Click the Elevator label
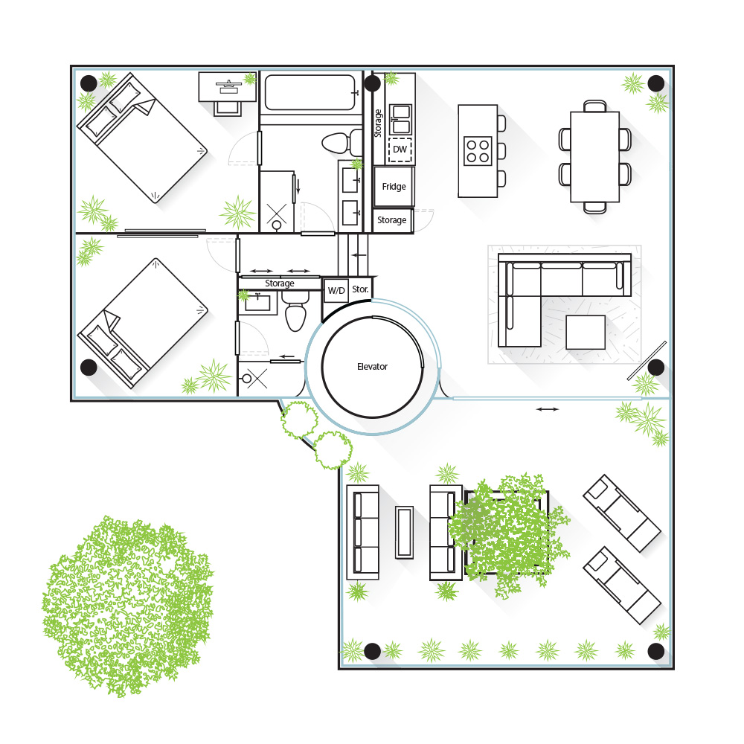pyautogui.click(x=372, y=366)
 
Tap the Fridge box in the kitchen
pyautogui.click(x=394, y=187)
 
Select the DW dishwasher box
pyautogui.click(x=400, y=150)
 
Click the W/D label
pyautogui.click(x=336, y=290)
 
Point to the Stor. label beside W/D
pyautogui.click(x=360, y=289)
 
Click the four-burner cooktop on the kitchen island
pyautogui.click(x=478, y=151)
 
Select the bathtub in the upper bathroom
pyautogui.click(x=310, y=92)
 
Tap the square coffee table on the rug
pyautogui.click(x=585, y=332)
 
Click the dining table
pyautogui.click(x=594, y=156)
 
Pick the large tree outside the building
pyautogui.click(x=127, y=605)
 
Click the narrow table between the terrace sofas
pyautogui.click(x=404, y=532)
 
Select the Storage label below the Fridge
pyautogui.click(x=391, y=220)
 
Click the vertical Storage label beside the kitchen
pyautogui.click(x=378, y=124)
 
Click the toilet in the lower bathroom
pyautogui.click(x=295, y=311)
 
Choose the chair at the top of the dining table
pyautogui.click(x=594, y=106)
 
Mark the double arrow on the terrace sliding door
pyautogui.click(x=547, y=409)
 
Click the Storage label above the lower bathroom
pyautogui.click(x=280, y=283)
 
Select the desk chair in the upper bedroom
pyautogui.click(x=227, y=109)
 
